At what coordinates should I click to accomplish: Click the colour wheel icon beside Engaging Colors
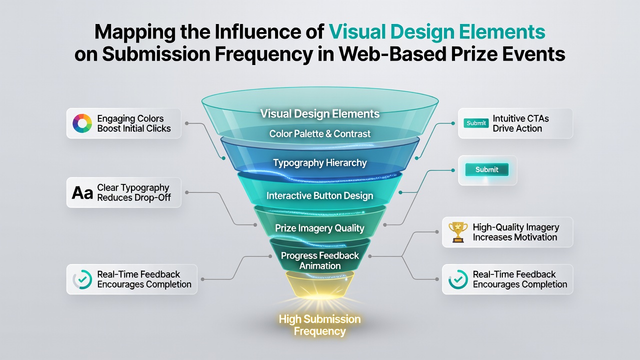(82, 123)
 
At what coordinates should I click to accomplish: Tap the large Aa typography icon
(82, 193)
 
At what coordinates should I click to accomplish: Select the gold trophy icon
(458, 232)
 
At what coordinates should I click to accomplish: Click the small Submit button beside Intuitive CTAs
(476, 123)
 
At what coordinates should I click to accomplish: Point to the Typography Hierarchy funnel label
(319, 163)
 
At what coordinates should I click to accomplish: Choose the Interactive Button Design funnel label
(319, 195)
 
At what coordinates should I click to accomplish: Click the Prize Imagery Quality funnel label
(319, 228)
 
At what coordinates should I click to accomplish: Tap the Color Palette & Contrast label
(319, 133)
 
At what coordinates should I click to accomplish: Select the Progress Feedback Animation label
(319, 260)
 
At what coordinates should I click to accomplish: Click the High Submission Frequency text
(319, 325)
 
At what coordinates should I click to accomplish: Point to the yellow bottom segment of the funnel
(319, 285)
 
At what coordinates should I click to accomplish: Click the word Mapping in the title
(135, 32)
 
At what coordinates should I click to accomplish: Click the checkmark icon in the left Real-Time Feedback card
(82, 279)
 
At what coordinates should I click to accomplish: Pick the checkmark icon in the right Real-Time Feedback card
(458, 279)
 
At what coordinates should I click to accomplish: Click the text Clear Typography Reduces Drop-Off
(134, 192)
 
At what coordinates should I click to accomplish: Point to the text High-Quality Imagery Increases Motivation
(516, 232)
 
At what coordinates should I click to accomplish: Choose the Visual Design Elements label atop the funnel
(319, 113)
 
